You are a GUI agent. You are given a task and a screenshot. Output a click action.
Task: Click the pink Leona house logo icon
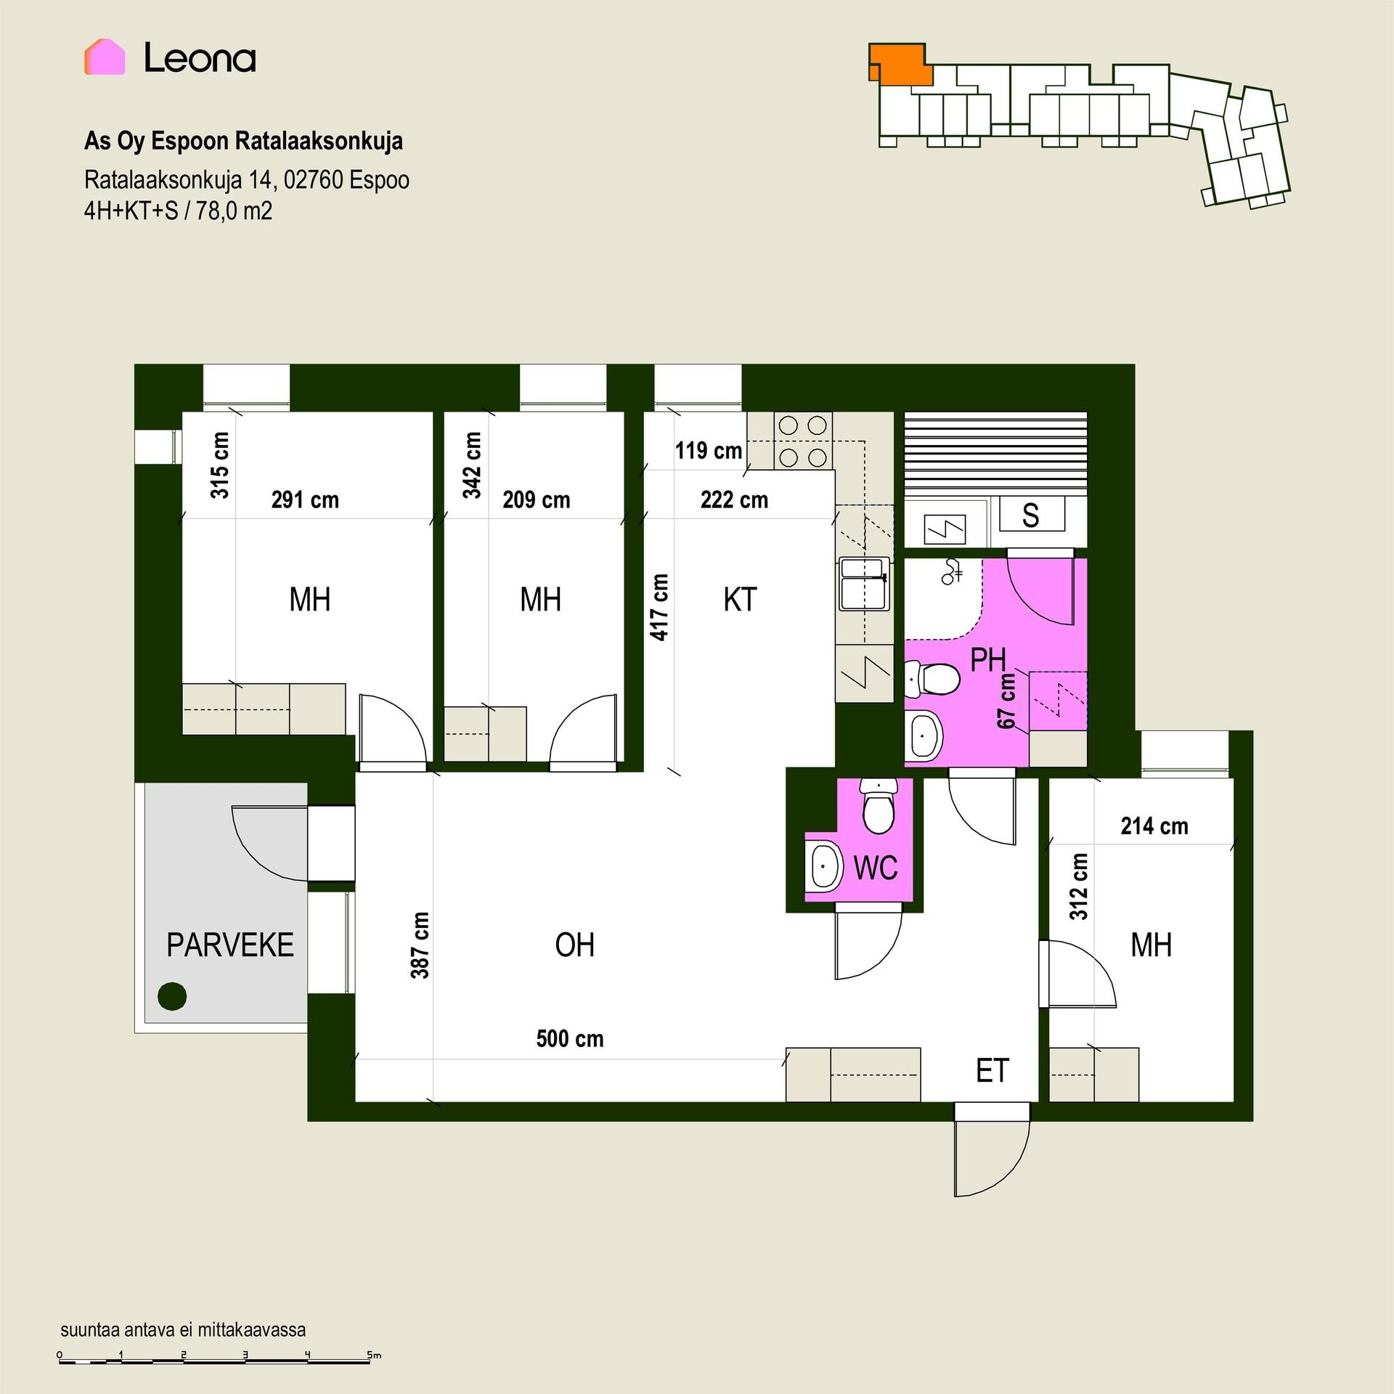(105, 57)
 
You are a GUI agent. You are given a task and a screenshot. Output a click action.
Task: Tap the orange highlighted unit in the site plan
(901, 64)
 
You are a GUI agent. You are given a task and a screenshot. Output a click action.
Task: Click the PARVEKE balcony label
(230, 945)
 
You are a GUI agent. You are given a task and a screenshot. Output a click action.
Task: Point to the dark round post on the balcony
(172, 996)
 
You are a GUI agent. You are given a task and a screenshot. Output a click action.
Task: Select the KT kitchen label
(740, 600)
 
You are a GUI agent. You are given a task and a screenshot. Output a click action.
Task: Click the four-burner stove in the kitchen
(803, 441)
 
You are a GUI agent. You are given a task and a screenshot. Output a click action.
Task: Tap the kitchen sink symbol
(864, 584)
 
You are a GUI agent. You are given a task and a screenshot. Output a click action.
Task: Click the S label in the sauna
(1030, 515)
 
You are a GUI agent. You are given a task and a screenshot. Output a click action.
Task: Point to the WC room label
(876, 867)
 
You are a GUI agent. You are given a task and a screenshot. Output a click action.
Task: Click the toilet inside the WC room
(879, 805)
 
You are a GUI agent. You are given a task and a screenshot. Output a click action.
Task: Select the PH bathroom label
(989, 660)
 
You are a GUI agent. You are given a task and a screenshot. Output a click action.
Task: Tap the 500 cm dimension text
(570, 1039)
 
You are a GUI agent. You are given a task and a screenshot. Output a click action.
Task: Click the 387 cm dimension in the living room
(420, 945)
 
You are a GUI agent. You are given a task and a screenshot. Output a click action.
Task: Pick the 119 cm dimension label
(709, 450)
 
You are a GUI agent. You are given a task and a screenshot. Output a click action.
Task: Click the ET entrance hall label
(992, 1071)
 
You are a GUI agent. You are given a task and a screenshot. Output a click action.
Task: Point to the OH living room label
(575, 945)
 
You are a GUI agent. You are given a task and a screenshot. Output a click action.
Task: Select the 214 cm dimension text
(1154, 826)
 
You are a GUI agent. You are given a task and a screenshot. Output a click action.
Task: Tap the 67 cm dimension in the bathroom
(1006, 701)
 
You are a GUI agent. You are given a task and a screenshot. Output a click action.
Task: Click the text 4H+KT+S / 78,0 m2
(179, 211)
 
